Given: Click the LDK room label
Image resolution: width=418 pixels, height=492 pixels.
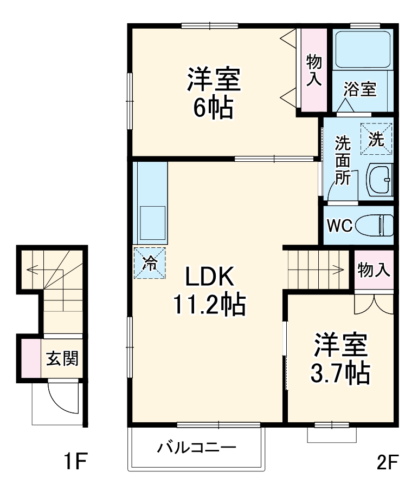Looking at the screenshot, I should (x=210, y=278).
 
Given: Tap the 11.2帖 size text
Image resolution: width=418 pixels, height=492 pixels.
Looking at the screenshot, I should (x=209, y=305).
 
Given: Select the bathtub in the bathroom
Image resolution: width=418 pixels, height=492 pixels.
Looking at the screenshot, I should (x=362, y=49).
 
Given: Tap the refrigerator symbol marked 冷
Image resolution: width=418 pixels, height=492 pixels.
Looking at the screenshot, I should (x=149, y=264).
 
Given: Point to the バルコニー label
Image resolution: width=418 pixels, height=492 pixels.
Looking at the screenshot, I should (x=197, y=448).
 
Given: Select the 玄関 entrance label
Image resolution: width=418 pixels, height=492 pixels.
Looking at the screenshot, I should (x=61, y=357).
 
